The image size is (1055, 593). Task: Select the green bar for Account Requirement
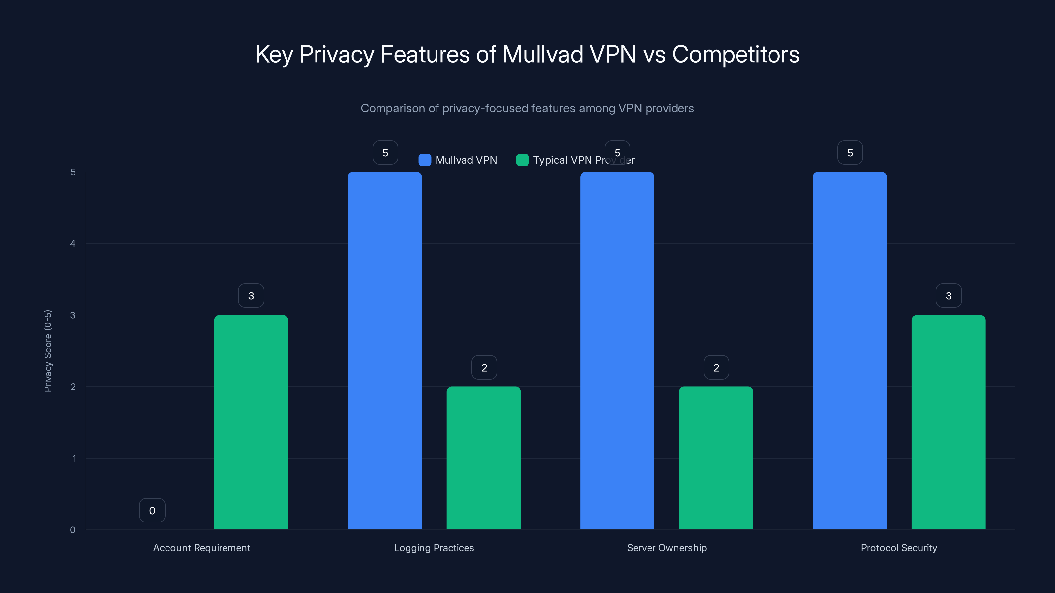pyautogui.click(x=251, y=422)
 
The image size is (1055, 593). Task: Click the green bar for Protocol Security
pyautogui.click(x=948, y=422)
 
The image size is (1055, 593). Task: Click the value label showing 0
pyautogui.click(x=152, y=510)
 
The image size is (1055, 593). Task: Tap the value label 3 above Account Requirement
pyautogui.click(x=251, y=296)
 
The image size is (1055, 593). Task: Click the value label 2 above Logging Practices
pyautogui.click(x=484, y=368)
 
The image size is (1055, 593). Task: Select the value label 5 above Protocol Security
pyautogui.click(x=850, y=153)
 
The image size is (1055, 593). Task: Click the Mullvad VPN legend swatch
pyautogui.click(x=425, y=160)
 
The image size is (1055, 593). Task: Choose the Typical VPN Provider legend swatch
pyautogui.click(x=522, y=160)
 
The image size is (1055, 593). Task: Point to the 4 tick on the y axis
pyautogui.click(x=73, y=244)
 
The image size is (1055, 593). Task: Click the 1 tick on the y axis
pyautogui.click(x=74, y=458)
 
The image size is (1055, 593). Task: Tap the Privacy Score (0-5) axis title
pyautogui.click(x=48, y=351)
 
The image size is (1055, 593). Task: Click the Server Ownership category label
pyautogui.click(x=666, y=548)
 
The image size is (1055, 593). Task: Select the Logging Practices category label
pyautogui.click(x=434, y=548)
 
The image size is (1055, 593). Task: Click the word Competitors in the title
pyautogui.click(x=735, y=54)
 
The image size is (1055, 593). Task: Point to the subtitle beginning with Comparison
pyautogui.click(x=527, y=108)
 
